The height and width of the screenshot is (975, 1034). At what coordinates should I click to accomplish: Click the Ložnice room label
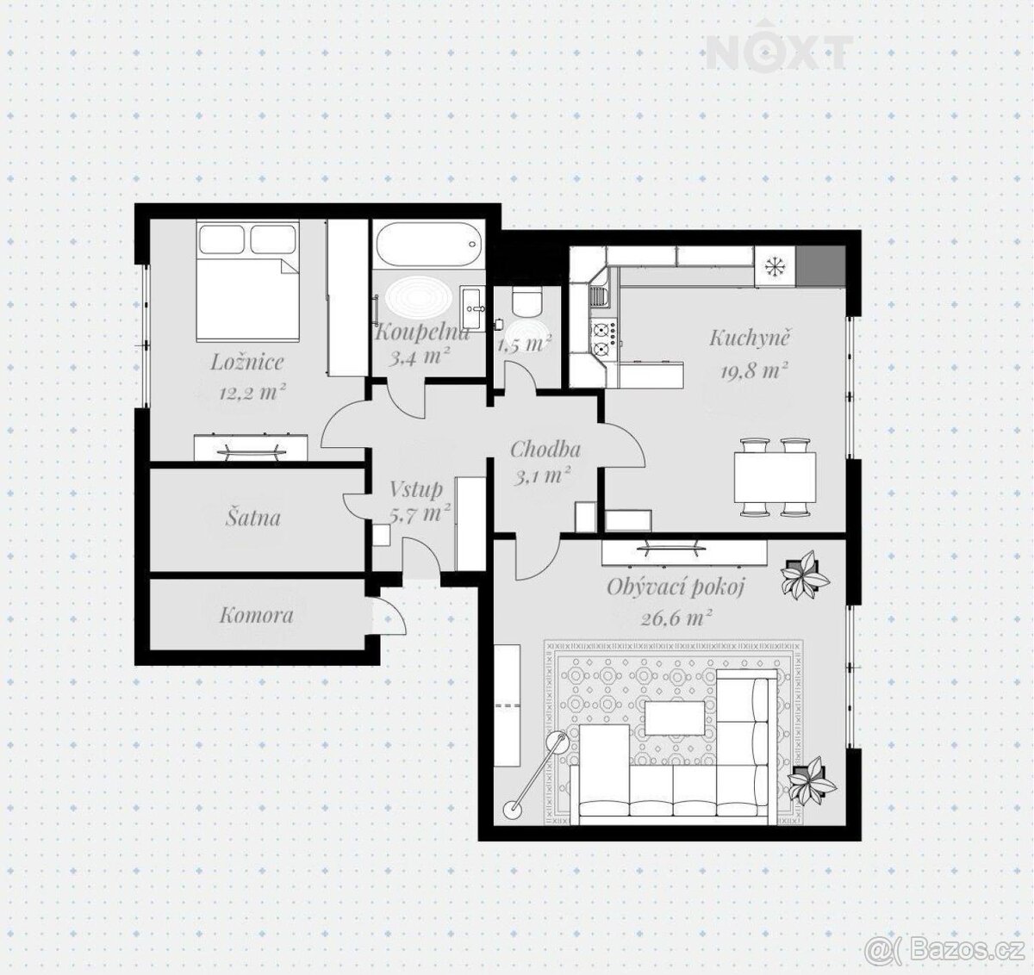tap(246, 363)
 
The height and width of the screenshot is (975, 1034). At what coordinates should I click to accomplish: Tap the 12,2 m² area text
tap(252, 391)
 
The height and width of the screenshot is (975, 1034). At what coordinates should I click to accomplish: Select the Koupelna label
tap(421, 332)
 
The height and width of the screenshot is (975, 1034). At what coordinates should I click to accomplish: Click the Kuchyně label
tap(750, 338)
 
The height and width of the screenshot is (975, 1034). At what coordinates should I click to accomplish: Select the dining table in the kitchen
tap(774, 475)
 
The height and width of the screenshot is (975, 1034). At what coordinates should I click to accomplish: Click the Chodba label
tap(545, 450)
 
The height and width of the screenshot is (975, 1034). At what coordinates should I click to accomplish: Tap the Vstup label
tap(416, 489)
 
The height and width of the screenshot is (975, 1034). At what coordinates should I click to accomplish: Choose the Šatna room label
tap(253, 518)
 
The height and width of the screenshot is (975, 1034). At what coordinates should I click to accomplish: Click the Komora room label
tap(257, 615)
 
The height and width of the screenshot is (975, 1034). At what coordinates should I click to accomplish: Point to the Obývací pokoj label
tap(676, 587)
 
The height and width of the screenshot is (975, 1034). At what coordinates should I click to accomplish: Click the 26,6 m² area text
tap(676, 619)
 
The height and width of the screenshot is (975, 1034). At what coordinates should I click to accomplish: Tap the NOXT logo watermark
tap(779, 49)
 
